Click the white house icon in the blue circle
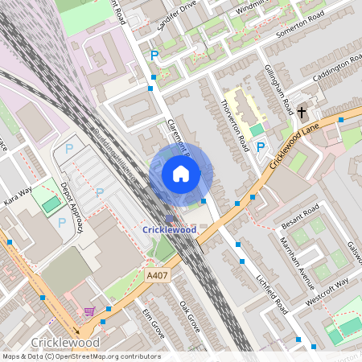point(181,174)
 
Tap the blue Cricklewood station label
point(169,230)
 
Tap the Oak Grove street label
point(189,317)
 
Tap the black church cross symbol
point(302,112)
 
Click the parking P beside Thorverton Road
point(260,147)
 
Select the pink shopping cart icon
point(89,311)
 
